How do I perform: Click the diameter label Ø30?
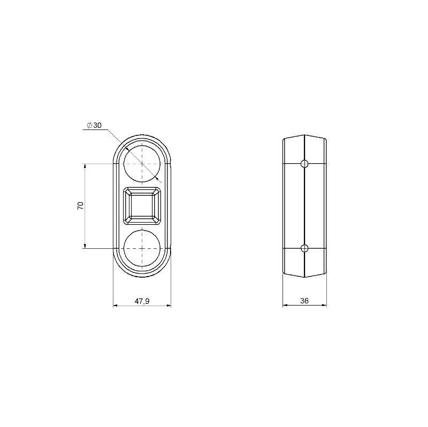click(x=94, y=125)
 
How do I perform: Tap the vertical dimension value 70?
click(x=80, y=205)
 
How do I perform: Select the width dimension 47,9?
click(x=142, y=301)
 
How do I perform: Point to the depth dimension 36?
click(x=304, y=301)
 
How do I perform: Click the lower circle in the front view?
click(x=142, y=266)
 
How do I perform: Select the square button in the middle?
click(x=142, y=206)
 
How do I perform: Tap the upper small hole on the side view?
click(x=304, y=164)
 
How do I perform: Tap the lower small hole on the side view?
click(x=304, y=248)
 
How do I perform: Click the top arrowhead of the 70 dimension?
click(x=85, y=166)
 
